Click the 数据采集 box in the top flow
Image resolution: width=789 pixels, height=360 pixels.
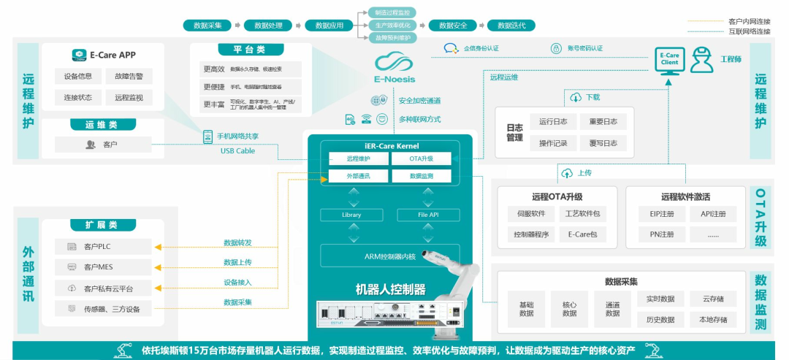(207, 26)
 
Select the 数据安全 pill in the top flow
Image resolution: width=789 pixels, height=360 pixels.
(453, 26)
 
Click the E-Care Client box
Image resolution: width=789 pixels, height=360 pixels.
(669, 59)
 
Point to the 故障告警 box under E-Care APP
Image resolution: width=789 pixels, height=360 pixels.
(129, 76)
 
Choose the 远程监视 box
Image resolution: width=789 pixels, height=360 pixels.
(129, 97)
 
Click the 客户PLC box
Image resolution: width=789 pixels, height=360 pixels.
(103, 247)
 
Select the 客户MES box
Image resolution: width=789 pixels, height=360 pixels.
(103, 267)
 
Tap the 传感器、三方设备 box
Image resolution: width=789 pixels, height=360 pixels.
(103, 309)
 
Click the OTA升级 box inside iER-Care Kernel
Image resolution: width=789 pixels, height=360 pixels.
(422, 158)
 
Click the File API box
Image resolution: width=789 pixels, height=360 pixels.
(428, 215)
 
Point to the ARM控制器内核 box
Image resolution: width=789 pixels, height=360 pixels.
(389, 256)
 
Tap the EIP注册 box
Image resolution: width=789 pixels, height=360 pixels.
(657, 214)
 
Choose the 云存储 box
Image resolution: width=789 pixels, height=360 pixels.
(713, 299)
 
